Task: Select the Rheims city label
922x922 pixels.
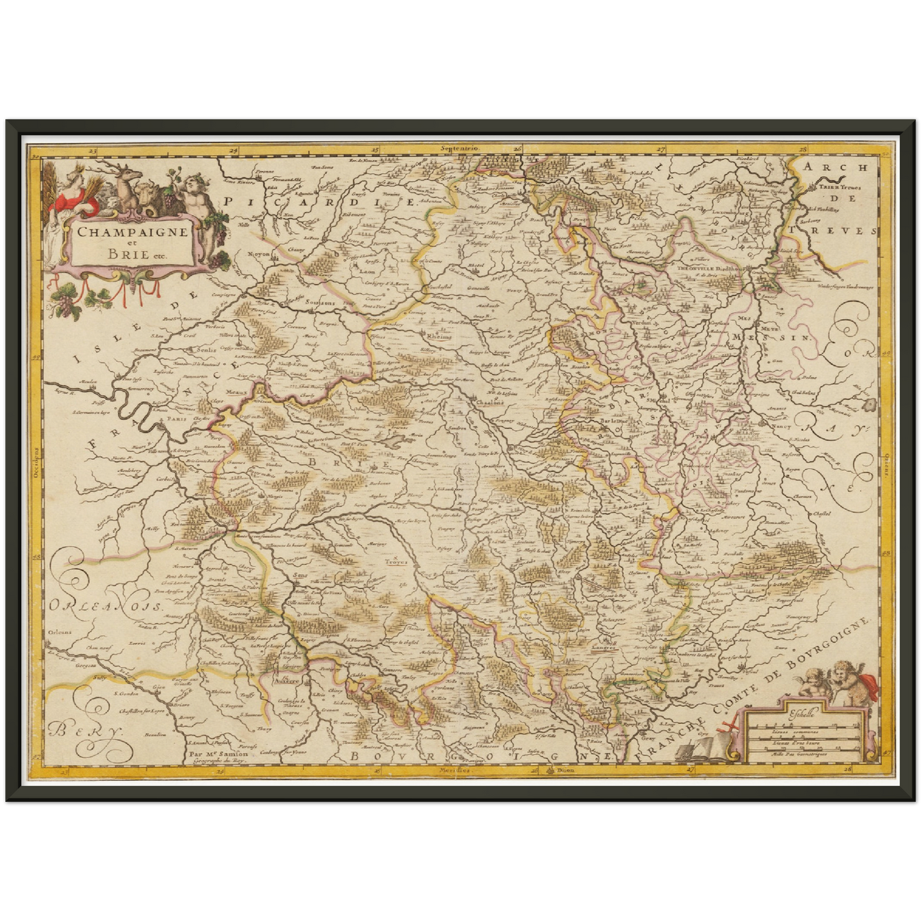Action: coord(439,336)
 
